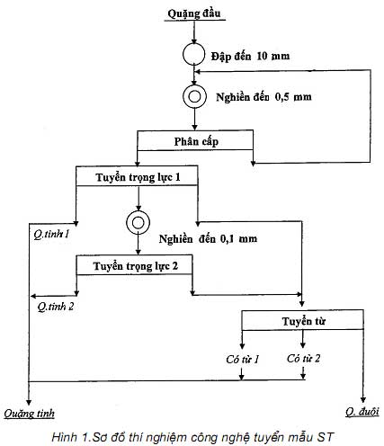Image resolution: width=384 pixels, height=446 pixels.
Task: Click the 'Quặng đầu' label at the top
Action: pyautogui.click(x=194, y=13)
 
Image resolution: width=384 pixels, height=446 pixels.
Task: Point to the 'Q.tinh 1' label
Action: pyautogui.click(x=51, y=234)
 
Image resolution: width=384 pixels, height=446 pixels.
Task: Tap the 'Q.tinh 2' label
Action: pyautogui.click(x=56, y=307)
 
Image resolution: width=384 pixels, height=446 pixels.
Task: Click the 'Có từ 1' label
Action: pyautogui.click(x=242, y=359)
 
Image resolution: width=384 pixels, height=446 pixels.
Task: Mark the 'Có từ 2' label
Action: pyautogui.click(x=303, y=358)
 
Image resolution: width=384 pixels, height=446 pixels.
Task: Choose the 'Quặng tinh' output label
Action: pyautogui.click(x=29, y=414)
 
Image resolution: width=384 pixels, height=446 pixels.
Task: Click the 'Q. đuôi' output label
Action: pyautogui.click(x=362, y=412)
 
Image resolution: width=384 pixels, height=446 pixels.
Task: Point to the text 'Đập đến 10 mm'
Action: pyautogui.click(x=250, y=57)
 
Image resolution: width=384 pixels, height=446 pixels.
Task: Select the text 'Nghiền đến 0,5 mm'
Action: pyautogui.click(x=263, y=97)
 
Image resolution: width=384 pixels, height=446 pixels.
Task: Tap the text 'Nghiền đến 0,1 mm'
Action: pyautogui.click(x=208, y=239)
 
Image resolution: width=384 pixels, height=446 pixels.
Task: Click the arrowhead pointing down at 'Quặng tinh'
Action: pyautogui.click(x=29, y=402)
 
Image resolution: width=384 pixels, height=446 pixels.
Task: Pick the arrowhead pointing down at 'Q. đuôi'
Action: pyautogui.click(x=363, y=400)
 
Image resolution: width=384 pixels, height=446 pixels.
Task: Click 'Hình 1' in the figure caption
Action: pyautogui.click(x=70, y=437)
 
